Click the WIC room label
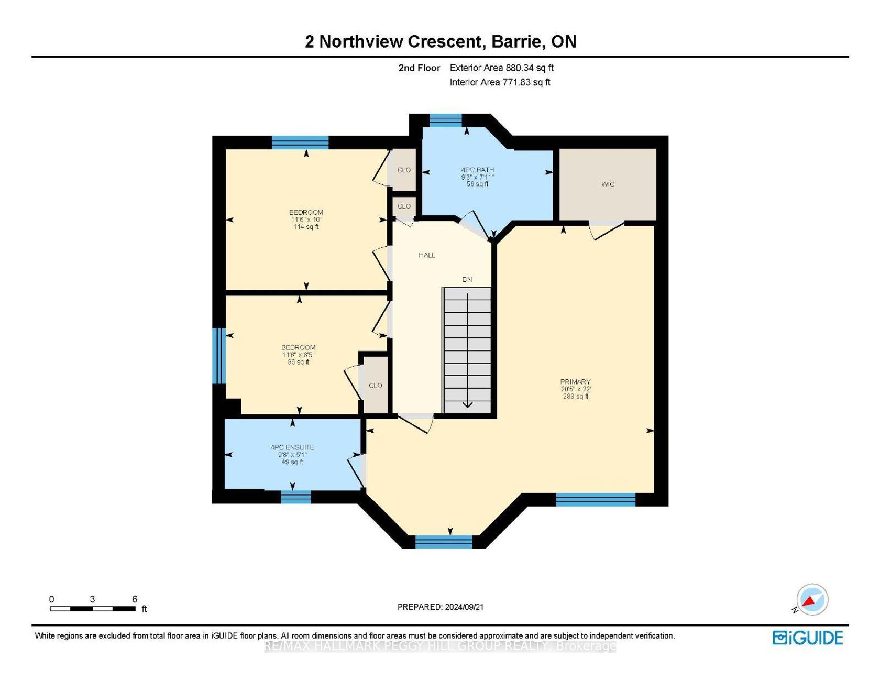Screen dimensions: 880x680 (608, 184)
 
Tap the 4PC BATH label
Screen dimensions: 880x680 (478, 170)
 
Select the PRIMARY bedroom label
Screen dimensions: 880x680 (575, 382)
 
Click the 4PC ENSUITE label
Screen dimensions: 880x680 (292, 447)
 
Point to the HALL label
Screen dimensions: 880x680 (427, 255)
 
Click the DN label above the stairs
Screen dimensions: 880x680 (467, 280)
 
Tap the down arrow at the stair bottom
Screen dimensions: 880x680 (467, 404)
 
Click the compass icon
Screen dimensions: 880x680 (812, 599)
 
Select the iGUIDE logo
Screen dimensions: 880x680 (808, 638)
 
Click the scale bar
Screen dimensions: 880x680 (92, 609)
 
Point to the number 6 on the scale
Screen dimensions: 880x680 (135, 599)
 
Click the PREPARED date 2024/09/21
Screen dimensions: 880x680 (464, 607)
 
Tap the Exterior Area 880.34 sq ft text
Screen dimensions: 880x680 (502, 68)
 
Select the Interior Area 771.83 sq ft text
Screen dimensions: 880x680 (500, 82)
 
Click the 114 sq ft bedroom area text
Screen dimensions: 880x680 (306, 227)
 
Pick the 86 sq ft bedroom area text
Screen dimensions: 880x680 (299, 362)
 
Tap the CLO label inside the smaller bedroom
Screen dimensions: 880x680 (376, 386)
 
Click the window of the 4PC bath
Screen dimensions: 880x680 (445, 120)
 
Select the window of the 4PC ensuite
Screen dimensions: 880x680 (296, 497)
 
